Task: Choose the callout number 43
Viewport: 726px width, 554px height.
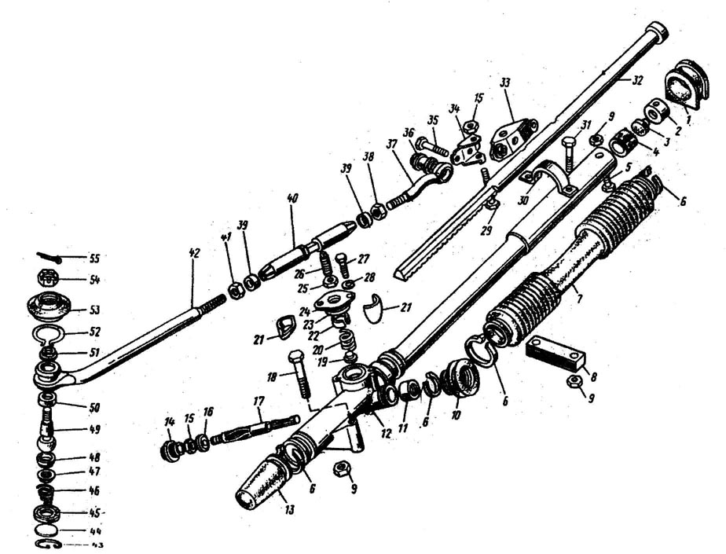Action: [x=76, y=544]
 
